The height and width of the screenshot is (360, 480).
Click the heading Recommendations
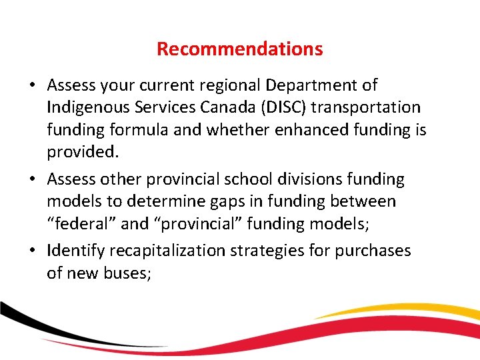point(239,49)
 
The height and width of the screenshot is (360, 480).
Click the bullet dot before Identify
point(33,251)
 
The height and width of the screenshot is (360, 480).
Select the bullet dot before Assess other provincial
point(33,180)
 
